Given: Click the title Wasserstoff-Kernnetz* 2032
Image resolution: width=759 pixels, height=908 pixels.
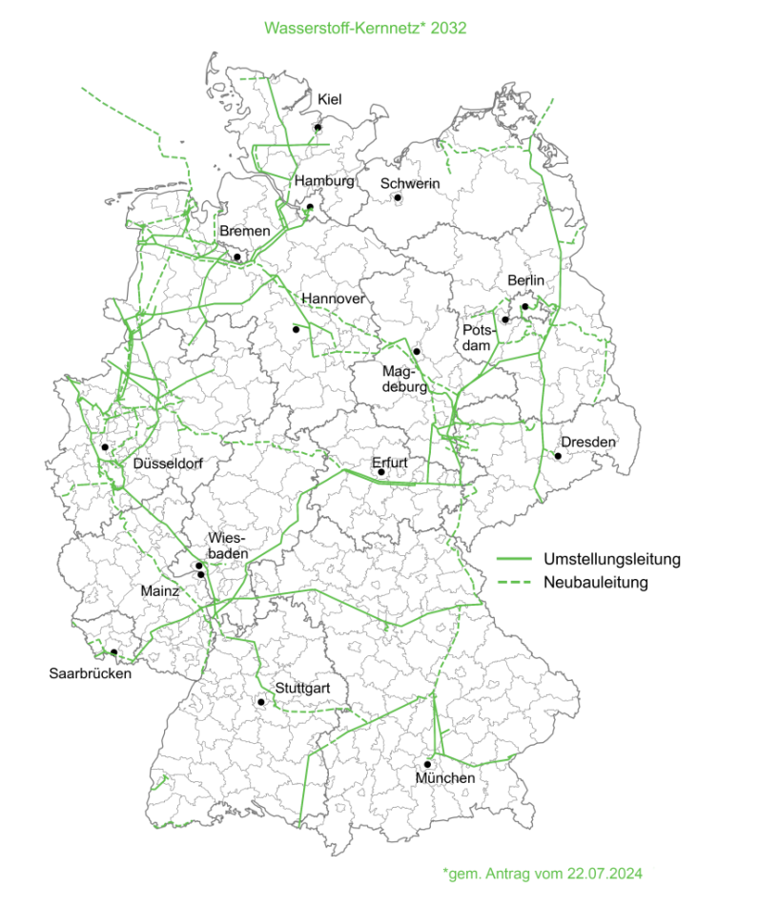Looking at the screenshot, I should (x=379, y=29).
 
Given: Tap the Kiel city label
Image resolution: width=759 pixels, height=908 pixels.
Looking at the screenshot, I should (x=330, y=100).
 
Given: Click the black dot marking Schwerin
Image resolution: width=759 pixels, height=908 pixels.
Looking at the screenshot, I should (x=398, y=197).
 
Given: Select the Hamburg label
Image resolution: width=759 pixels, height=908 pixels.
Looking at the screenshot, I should (x=324, y=180).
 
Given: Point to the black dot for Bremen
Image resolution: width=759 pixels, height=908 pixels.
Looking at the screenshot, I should (x=236, y=256).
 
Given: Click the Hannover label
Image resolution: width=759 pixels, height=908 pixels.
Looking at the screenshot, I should (x=334, y=299).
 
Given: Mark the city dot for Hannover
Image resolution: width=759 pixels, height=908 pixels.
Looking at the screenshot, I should (x=296, y=329).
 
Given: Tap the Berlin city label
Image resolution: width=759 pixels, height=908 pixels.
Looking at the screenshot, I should (x=525, y=280).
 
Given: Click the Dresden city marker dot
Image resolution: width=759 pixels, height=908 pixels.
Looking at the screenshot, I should (x=558, y=456).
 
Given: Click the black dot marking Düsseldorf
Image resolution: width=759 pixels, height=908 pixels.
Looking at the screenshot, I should (x=105, y=446).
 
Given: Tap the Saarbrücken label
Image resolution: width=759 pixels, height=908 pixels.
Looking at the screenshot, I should (x=91, y=673).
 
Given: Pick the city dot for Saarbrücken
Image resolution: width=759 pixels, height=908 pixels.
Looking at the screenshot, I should (x=114, y=652).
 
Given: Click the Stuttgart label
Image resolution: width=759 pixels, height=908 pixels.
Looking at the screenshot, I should (x=302, y=688).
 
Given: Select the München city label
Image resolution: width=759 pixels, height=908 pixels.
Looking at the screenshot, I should (x=444, y=779).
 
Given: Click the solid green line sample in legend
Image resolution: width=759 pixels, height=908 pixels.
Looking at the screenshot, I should (x=514, y=558).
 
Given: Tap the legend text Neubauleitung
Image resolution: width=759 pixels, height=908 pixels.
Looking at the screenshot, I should (x=596, y=582).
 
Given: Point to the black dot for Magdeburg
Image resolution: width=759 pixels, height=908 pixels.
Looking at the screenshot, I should (x=417, y=351).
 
